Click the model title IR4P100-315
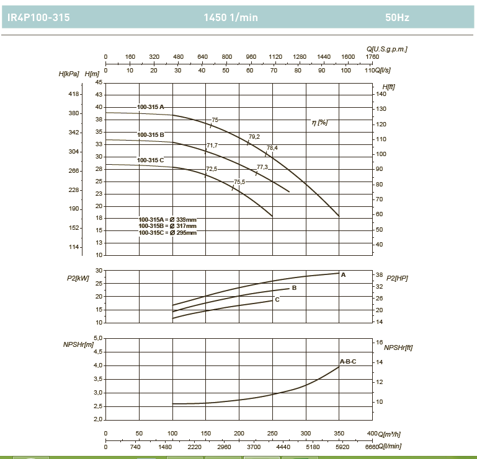point(38,18)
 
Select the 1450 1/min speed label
point(230,18)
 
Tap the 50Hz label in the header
point(397,18)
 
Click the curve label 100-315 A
point(151,107)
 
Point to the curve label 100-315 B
point(151,134)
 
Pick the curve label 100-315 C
point(151,160)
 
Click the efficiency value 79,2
point(254,136)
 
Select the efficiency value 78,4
point(272,148)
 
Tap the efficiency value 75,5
point(239,181)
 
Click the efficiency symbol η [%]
point(319,123)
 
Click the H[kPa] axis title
point(69,74)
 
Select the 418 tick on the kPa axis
point(74,94)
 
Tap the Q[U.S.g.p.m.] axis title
point(386,48)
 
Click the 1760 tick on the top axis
point(372,57)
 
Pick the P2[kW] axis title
point(78,279)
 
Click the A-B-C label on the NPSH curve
point(347,361)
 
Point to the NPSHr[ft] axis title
point(398,348)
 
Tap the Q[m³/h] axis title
point(390,434)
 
